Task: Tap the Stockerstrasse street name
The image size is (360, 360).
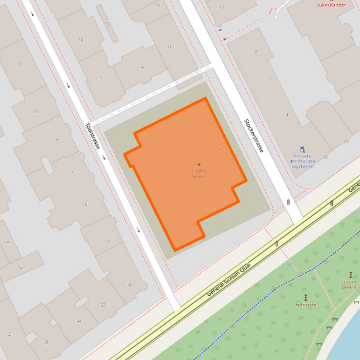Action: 253,135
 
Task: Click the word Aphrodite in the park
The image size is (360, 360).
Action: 305,305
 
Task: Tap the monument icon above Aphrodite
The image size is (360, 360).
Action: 305,297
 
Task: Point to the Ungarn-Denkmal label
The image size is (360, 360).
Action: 351,284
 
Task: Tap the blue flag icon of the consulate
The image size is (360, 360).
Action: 302,150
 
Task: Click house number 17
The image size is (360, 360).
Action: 20,64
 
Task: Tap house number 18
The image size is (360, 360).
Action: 80,40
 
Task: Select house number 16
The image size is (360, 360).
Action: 100,77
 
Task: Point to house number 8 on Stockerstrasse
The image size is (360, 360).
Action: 256,51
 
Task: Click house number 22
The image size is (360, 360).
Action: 325,156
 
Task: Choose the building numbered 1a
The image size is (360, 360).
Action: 20,267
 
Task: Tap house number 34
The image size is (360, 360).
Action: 79,320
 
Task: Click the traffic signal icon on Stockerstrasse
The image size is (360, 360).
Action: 289,202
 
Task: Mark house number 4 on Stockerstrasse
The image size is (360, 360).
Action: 286,115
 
